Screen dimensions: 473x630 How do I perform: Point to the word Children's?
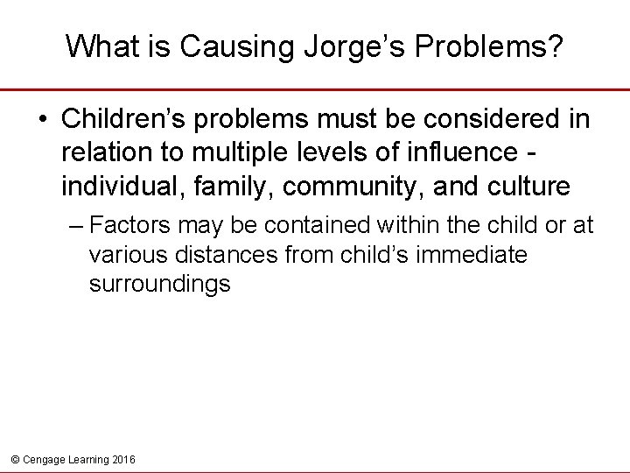pyautogui.click(x=121, y=120)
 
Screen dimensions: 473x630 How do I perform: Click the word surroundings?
pyautogui.click(x=159, y=284)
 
